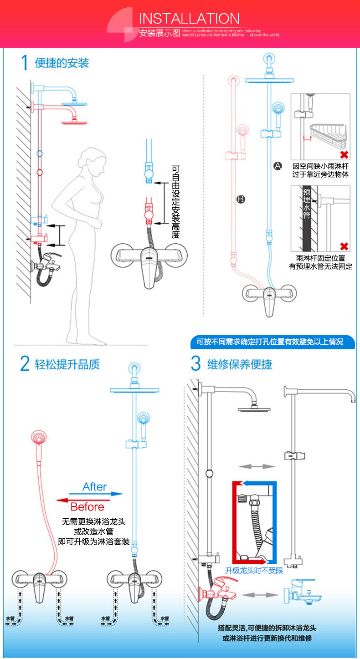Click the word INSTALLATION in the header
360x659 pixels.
pyautogui.click(x=189, y=19)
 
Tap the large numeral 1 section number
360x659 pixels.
pyautogui.click(x=26, y=63)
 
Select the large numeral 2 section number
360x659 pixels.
pyautogui.click(x=25, y=364)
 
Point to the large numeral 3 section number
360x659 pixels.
pyautogui.click(x=195, y=364)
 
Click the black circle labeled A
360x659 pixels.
pyautogui.click(x=278, y=166)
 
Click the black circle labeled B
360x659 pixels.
pyautogui.click(x=241, y=199)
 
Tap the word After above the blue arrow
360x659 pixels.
pyautogui.click(x=95, y=487)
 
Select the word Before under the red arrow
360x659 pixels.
pyautogui.click(x=87, y=507)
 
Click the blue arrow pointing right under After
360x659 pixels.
pyautogui.click(x=96, y=494)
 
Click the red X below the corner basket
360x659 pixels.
pyautogui.click(x=344, y=155)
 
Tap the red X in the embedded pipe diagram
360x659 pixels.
pyautogui.click(x=344, y=246)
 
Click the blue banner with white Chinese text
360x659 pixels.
pyautogui.click(x=272, y=342)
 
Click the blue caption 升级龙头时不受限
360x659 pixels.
pyautogui.click(x=254, y=570)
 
